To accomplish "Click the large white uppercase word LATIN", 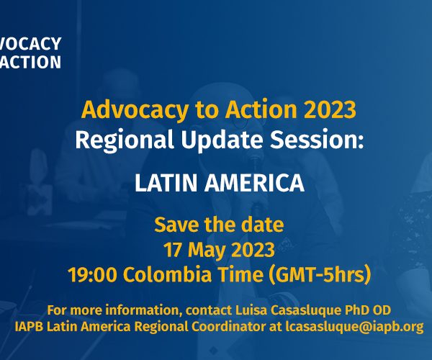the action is click(166, 183).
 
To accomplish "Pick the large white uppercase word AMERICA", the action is click(254, 183).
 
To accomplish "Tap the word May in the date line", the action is click(207, 251).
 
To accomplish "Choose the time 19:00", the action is click(92, 274).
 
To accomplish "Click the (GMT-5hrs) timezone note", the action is click(320, 274).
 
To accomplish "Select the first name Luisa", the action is click(251, 310).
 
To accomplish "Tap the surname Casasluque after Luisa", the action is click(306, 311).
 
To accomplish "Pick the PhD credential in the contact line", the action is click(357, 310).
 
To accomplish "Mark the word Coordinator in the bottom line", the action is click(228, 327).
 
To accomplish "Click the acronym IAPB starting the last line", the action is click(29, 327).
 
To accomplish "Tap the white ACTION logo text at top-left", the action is click(30, 62).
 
